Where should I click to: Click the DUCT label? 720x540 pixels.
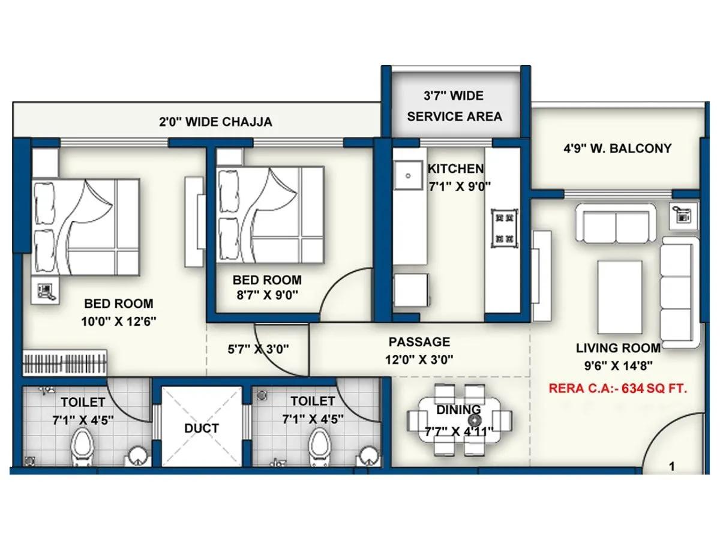tap(202, 428)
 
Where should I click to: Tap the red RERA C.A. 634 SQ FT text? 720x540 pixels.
tap(618, 388)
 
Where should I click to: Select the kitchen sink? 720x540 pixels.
tap(408, 175)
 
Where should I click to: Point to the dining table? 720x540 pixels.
tap(460, 419)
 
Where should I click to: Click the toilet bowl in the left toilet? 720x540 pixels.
tap(81, 448)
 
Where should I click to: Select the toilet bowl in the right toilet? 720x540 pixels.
tap(318, 448)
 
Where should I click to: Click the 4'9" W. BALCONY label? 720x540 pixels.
tap(617, 148)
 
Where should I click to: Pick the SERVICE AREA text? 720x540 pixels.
tap(454, 116)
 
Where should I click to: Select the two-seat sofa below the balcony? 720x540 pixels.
tap(615, 223)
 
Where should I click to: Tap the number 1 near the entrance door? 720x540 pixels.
tap(672, 466)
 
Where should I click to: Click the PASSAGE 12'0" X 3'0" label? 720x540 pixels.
tap(419, 350)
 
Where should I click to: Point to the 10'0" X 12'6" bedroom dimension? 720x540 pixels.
tap(119, 321)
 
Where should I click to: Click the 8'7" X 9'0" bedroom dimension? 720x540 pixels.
tap(266, 295)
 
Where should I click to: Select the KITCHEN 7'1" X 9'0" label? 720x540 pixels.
tap(459, 177)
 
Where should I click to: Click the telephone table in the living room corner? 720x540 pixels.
tap(683, 214)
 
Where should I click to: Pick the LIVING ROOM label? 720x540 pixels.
tap(618, 348)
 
